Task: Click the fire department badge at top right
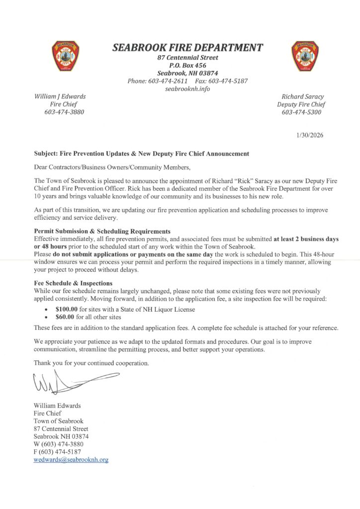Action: point(304,56)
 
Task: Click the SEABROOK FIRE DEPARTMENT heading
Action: point(187,48)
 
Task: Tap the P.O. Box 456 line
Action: point(187,65)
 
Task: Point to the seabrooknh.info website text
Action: point(187,89)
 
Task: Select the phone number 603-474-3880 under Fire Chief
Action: point(64,112)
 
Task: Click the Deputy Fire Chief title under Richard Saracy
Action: point(302,104)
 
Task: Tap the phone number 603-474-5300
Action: point(302,112)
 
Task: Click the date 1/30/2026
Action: point(309,135)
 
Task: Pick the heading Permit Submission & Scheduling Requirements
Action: point(102,231)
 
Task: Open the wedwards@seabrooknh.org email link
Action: point(71,460)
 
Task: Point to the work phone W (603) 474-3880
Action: point(58,444)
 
